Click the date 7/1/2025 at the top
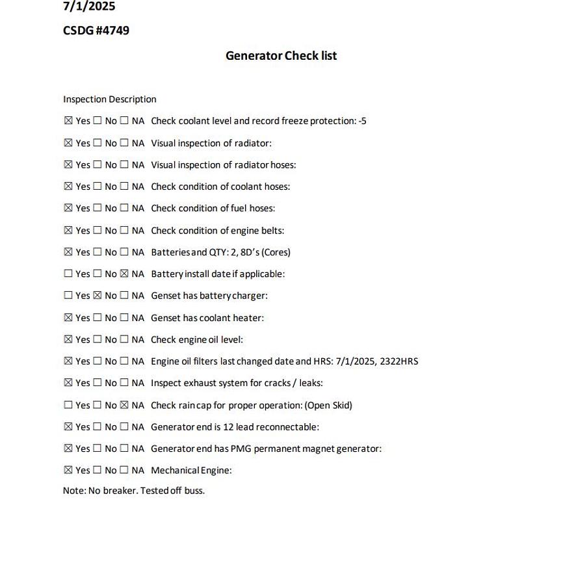(x=89, y=6)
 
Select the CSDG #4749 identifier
(x=96, y=31)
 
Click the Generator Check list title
(x=281, y=56)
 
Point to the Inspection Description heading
(x=109, y=99)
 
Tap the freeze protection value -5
(x=362, y=121)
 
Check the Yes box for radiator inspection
(x=68, y=143)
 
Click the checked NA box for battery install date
(x=124, y=274)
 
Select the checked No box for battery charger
(x=98, y=296)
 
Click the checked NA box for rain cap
(x=124, y=405)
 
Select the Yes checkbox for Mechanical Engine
(x=68, y=470)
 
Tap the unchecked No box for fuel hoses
(x=98, y=209)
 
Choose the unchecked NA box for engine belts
(x=124, y=230)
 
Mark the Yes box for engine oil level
(x=68, y=339)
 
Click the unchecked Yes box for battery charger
(x=68, y=296)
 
